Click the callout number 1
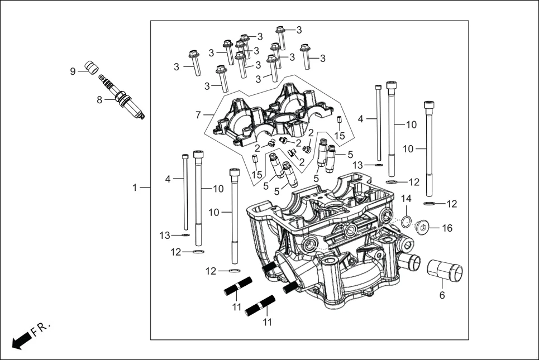(x=135, y=188)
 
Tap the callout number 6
(x=442, y=295)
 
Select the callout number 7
(x=198, y=115)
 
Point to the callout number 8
(x=99, y=100)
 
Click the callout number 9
(x=73, y=71)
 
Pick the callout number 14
(x=406, y=199)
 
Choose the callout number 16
(x=447, y=228)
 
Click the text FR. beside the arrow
(x=41, y=329)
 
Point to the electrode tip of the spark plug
(x=143, y=117)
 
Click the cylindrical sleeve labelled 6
(x=445, y=272)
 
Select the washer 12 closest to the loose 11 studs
(x=233, y=271)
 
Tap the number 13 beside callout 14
(x=357, y=165)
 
